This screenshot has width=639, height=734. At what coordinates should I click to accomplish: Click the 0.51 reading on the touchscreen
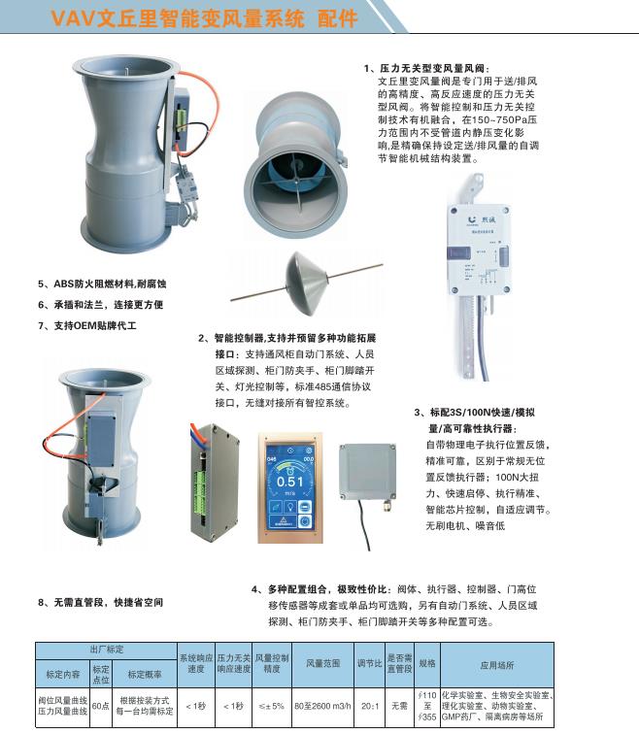pyautogui.click(x=289, y=479)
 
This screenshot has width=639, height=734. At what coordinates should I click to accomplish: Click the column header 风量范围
pyautogui.click(x=322, y=665)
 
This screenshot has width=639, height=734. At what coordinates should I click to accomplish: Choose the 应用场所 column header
pyautogui.click(x=495, y=665)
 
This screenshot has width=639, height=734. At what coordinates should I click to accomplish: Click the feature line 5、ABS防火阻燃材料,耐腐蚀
pyautogui.click(x=102, y=284)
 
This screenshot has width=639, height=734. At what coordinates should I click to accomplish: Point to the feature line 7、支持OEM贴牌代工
pyautogui.click(x=87, y=325)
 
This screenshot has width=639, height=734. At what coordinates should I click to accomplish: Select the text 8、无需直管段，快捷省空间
pyautogui.click(x=101, y=602)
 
